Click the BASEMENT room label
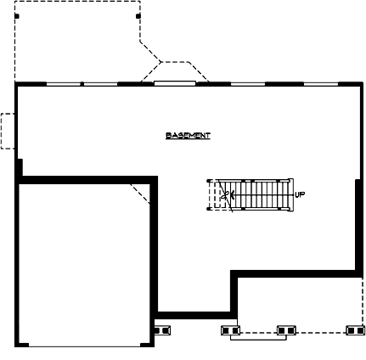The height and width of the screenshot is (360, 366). [x=188, y=136]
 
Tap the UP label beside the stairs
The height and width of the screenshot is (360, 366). [x=300, y=194]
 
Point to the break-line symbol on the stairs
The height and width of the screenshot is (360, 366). [x=225, y=194]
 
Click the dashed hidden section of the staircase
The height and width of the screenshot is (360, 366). [x=214, y=194]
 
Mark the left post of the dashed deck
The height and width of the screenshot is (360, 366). [x=17, y=16]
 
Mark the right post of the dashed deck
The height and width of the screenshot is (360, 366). [x=138, y=15]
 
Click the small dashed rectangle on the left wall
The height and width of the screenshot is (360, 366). [x=7, y=131]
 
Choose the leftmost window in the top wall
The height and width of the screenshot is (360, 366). [x=64, y=83]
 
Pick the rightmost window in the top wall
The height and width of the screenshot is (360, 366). [x=321, y=83]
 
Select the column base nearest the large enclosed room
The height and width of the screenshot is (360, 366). [x=161, y=329]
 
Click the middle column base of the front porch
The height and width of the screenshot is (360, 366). [x=287, y=329]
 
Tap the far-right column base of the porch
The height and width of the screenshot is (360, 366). [x=355, y=329]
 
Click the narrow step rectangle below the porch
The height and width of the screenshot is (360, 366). [x=258, y=337]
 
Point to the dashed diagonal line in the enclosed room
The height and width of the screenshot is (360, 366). [x=139, y=191]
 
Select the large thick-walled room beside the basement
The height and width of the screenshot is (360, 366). [x=85, y=263]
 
